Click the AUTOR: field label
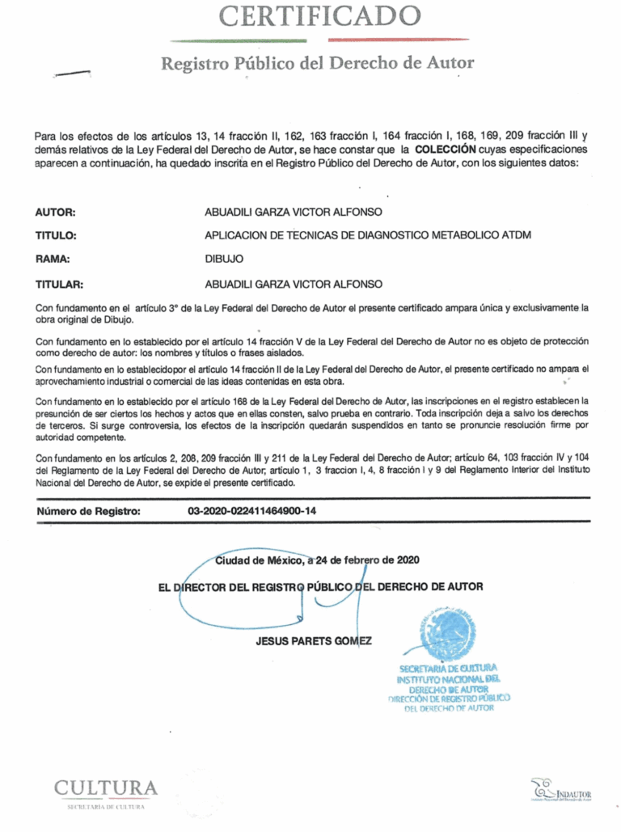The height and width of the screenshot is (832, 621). (55, 213)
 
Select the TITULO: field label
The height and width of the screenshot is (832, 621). (56, 236)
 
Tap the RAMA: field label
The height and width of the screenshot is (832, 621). (53, 260)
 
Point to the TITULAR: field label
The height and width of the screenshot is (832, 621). (61, 284)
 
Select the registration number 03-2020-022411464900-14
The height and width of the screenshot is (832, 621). (251, 511)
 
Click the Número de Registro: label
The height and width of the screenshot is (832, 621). (89, 511)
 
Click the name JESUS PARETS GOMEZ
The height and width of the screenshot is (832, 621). (314, 641)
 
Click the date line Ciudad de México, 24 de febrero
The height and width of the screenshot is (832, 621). (317, 560)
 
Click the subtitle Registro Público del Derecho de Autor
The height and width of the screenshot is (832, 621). (317, 63)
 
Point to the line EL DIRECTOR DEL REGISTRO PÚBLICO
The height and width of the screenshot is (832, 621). (320, 586)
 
